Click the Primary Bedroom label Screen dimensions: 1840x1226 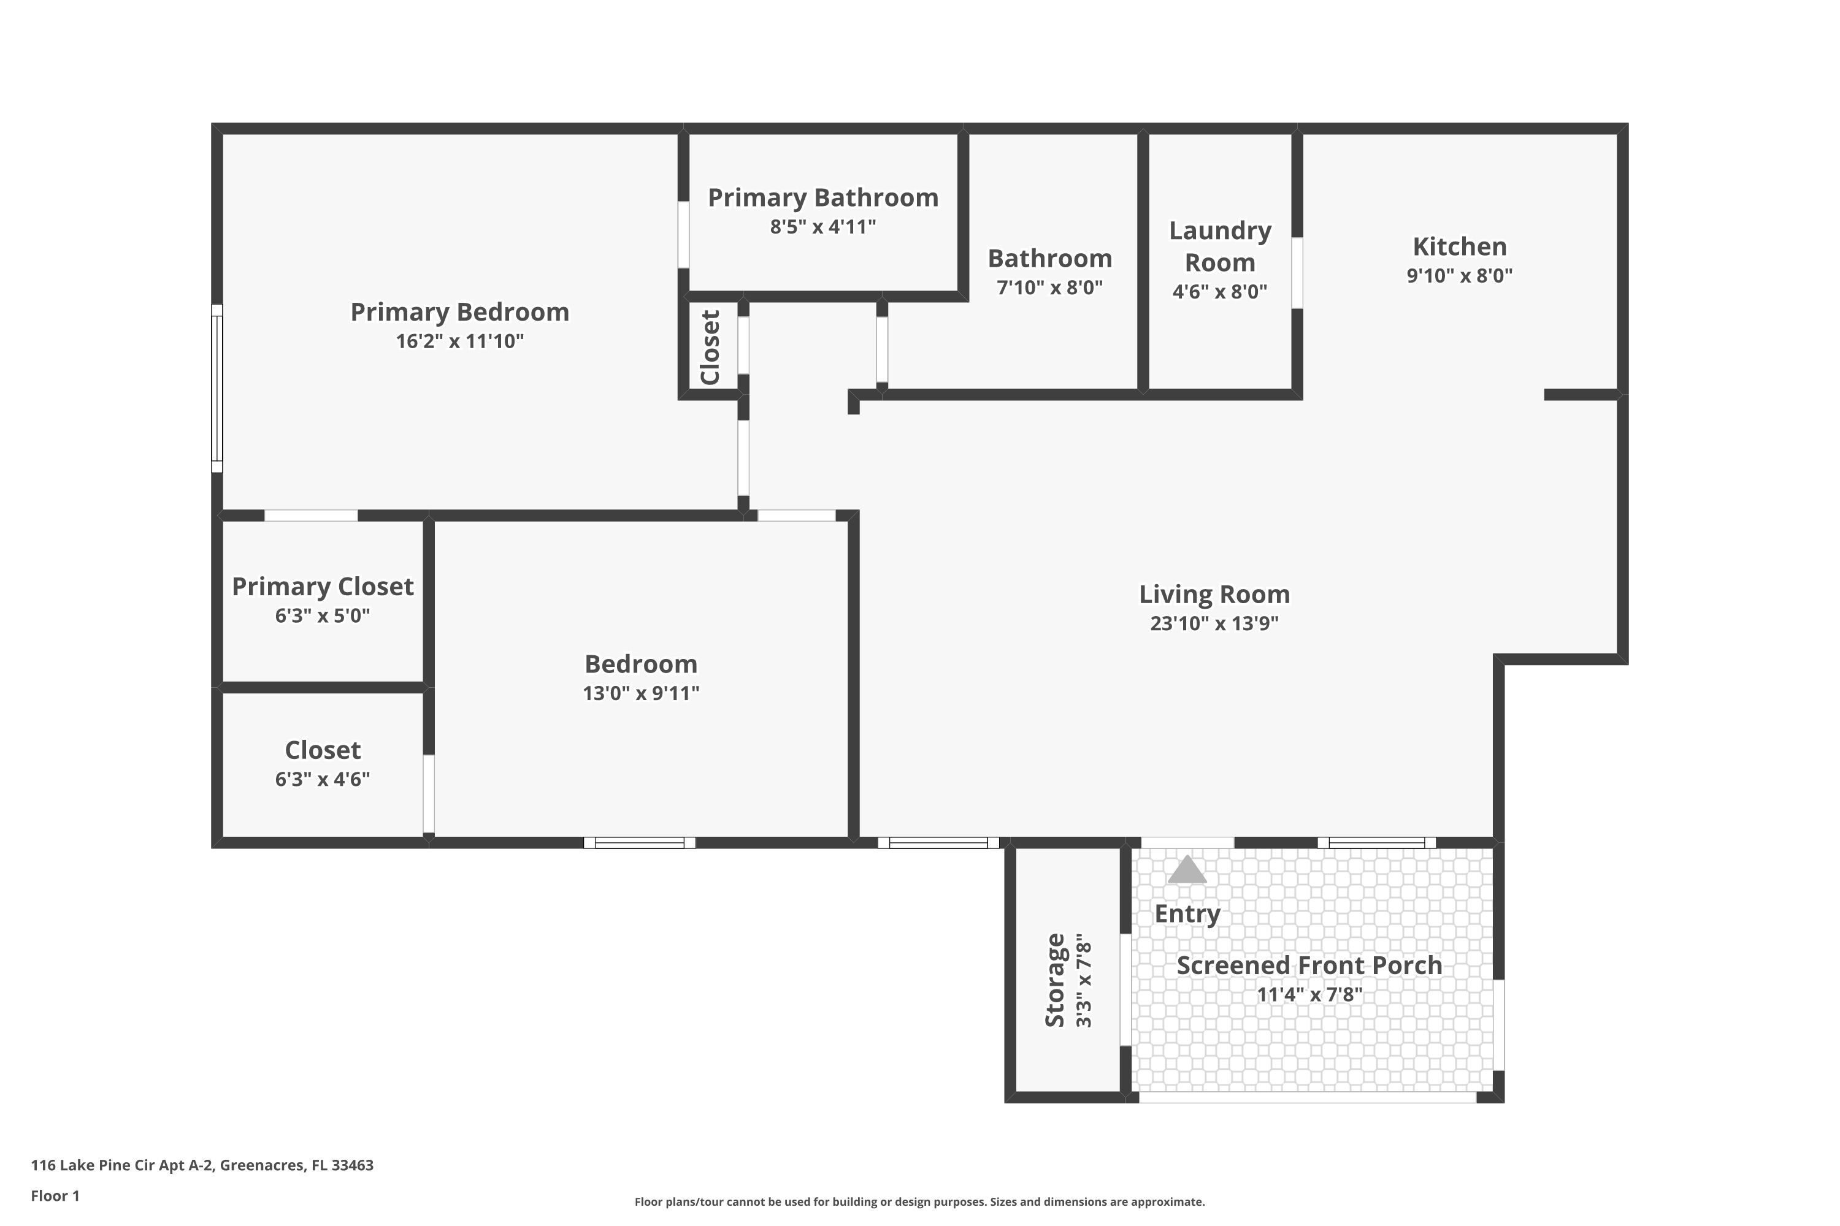pyautogui.click(x=459, y=312)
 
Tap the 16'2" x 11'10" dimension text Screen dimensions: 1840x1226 pyautogui.click(x=460, y=341)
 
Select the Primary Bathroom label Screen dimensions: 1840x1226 pyautogui.click(x=823, y=198)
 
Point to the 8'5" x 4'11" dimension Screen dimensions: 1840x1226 pyautogui.click(x=823, y=227)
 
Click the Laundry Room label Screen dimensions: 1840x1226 pyautogui.click(x=1220, y=246)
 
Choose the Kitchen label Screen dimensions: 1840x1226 pyautogui.click(x=1459, y=246)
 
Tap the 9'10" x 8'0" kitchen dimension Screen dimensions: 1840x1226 pyautogui.click(x=1459, y=275)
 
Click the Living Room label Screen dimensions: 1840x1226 pyautogui.click(x=1214, y=594)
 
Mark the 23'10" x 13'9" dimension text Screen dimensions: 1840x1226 pyautogui.click(x=1214, y=623)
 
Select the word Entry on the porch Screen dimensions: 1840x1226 pyautogui.click(x=1187, y=913)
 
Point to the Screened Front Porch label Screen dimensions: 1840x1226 pyautogui.click(x=1309, y=965)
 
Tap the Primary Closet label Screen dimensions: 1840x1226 pyautogui.click(x=323, y=587)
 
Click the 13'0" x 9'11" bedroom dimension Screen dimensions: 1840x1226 pyautogui.click(x=641, y=693)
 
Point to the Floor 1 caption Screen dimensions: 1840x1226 pyautogui.click(x=56, y=1195)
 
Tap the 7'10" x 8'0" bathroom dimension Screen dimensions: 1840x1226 pyautogui.click(x=1050, y=287)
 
